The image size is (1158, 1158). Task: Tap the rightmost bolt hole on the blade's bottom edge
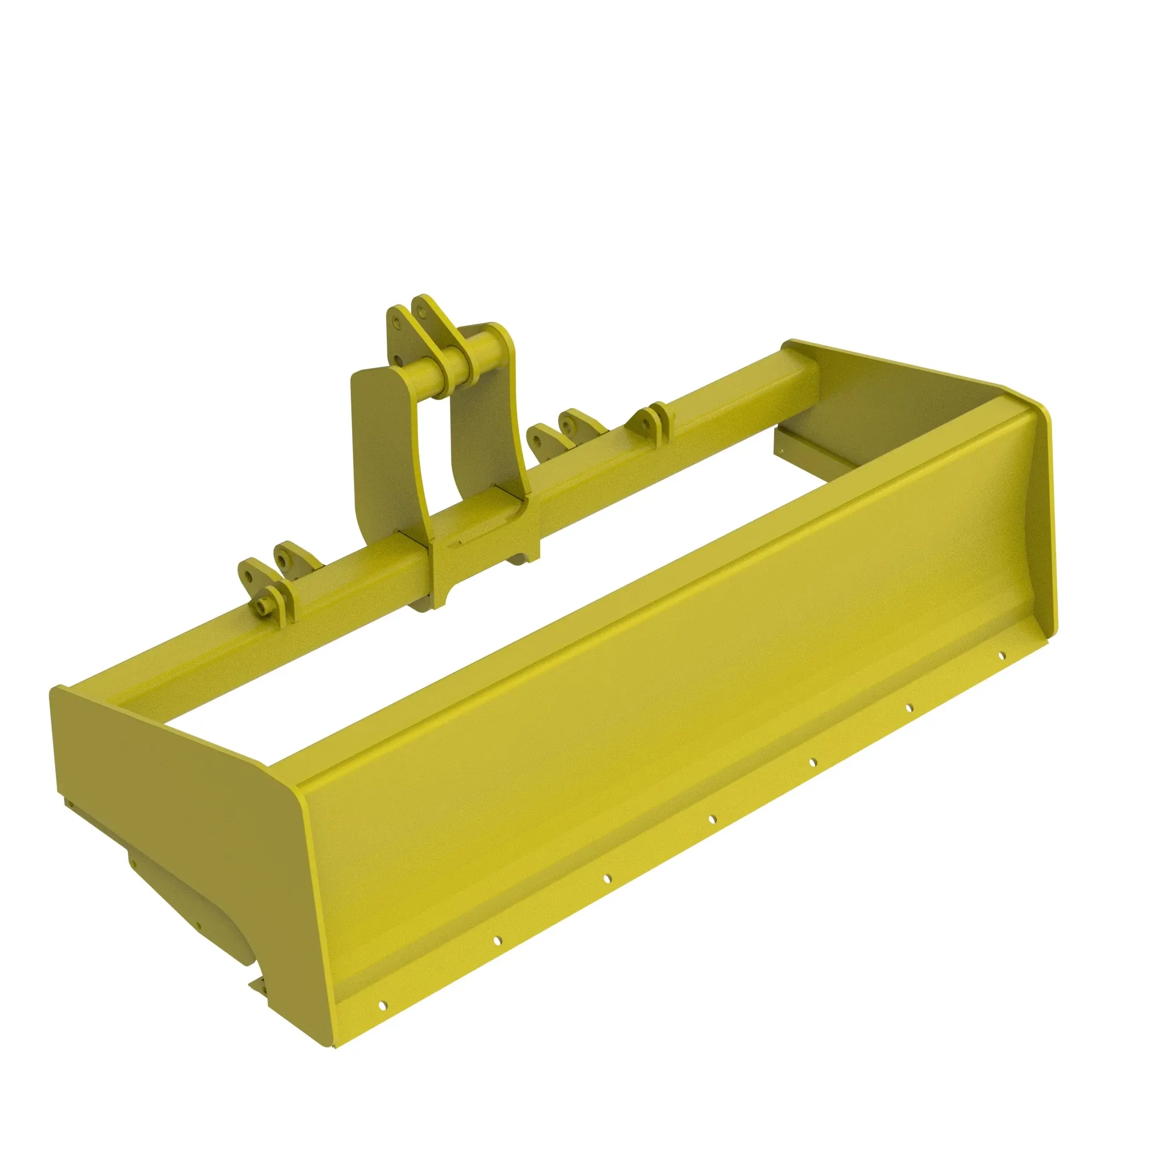pos(1001,656)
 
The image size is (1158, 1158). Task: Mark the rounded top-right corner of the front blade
pos(1043,413)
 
